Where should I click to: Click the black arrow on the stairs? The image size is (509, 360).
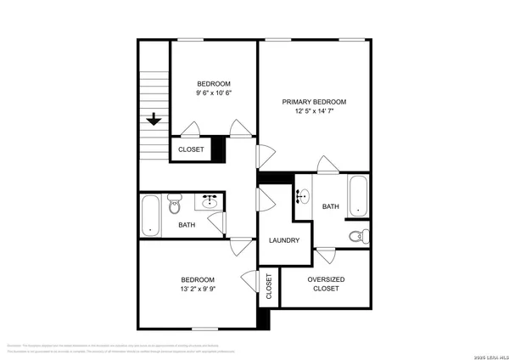(x=154, y=120)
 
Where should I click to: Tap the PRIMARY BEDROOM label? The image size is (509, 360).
(x=315, y=102)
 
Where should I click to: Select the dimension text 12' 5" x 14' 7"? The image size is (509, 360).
(x=315, y=111)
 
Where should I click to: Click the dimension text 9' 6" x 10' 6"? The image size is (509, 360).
(x=214, y=93)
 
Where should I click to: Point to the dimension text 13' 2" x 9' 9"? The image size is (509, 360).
(x=197, y=289)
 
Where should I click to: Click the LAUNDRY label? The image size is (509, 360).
(x=284, y=240)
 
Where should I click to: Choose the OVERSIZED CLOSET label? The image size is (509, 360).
(x=326, y=284)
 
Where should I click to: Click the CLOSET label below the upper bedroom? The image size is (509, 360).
(x=190, y=149)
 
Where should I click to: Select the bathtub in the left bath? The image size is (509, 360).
(x=152, y=214)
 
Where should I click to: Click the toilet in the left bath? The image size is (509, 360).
(x=176, y=204)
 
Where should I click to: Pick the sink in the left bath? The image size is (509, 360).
(x=209, y=202)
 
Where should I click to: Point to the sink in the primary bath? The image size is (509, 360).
(x=302, y=196)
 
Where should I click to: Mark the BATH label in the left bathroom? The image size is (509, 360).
(x=187, y=225)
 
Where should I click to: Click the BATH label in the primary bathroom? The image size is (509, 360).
(x=330, y=206)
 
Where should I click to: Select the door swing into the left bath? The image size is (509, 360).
(x=218, y=222)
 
